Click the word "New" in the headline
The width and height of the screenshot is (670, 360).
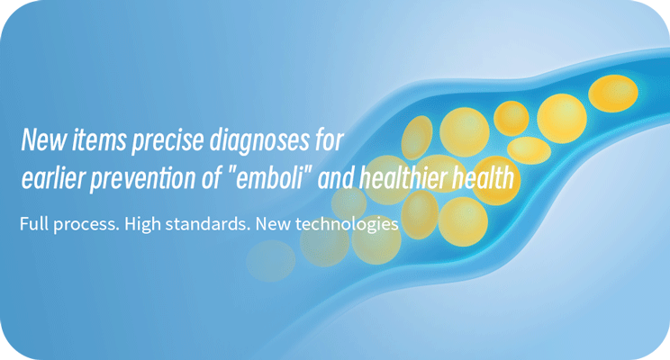tap(43, 139)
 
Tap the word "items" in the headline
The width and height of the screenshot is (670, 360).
tap(99, 139)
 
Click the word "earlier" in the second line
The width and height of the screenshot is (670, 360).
tap(53, 177)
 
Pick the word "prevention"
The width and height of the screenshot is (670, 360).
tap(143, 179)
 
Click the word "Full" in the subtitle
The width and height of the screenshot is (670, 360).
tap(33, 224)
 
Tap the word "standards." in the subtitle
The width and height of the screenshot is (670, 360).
tap(208, 224)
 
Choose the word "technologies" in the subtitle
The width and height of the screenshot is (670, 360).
tap(347, 225)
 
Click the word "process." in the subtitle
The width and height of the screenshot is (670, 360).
tap(86, 225)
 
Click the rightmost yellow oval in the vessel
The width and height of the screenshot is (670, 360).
tap(613, 94)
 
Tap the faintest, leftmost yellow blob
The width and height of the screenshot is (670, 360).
tap(270, 261)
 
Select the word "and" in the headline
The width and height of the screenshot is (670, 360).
tap(335, 177)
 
